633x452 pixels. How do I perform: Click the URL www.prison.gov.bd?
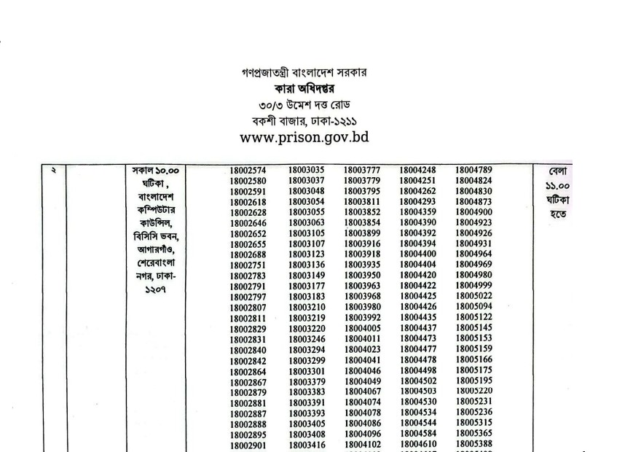(x=315, y=136)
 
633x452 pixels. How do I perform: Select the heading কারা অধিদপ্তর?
(x=315, y=89)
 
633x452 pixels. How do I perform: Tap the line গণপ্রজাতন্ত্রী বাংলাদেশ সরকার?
(x=315, y=73)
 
